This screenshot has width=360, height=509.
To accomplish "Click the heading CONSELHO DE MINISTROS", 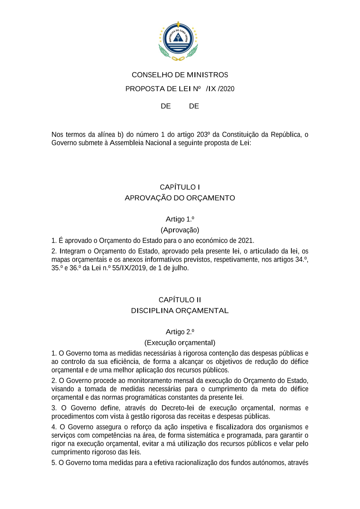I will coord(180,75).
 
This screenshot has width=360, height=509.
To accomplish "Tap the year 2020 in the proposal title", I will coord(227,89).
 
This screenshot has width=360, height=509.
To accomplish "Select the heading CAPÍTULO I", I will coord(180,187).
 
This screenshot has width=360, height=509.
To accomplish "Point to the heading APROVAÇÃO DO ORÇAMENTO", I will coord(180,198).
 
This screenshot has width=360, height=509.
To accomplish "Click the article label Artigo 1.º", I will coord(180,219).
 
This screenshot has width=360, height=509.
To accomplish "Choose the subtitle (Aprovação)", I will coord(180,230).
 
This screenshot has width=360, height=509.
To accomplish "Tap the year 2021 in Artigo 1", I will coord(246,240).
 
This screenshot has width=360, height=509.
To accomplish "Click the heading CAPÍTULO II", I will coord(180,300).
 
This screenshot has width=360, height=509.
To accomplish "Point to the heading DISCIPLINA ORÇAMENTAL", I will coord(180,311).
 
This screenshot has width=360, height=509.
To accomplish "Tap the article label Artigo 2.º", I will coord(180,332).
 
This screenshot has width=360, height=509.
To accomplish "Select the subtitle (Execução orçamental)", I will coord(180,343).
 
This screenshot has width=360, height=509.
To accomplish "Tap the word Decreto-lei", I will coord(177,408).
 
